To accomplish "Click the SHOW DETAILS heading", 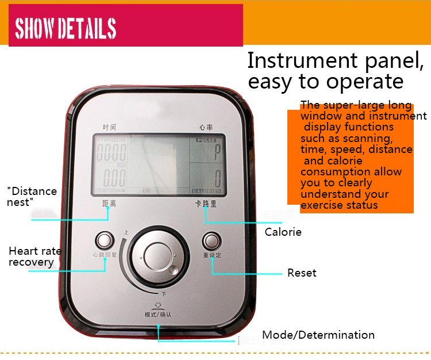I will pyautogui.click(x=66, y=28).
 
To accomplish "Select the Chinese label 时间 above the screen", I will pyautogui.click(x=109, y=127).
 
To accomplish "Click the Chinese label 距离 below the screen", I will pyautogui.click(x=109, y=204).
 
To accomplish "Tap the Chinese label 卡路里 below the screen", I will pyautogui.click(x=205, y=204).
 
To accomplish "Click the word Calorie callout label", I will pyautogui.click(x=283, y=232).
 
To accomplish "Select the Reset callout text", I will pyautogui.click(x=302, y=273).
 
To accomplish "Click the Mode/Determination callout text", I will pyautogui.click(x=318, y=335).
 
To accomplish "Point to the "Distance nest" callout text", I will pyautogui.click(x=32, y=196).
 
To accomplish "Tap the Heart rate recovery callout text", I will pyautogui.click(x=34, y=256).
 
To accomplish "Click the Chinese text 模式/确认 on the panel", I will pyautogui.click(x=158, y=315).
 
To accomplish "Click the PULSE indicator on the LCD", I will pyautogui.click(x=206, y=140).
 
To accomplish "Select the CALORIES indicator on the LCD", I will pyautogui.click(x=206, y=191).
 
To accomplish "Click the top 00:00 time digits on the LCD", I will pyautogui.click(x=111, y=152).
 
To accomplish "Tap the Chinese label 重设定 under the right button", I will pyautogui.click(x=211, y=255).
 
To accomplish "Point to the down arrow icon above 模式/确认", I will pyautogui.click(x=157, y=305).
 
